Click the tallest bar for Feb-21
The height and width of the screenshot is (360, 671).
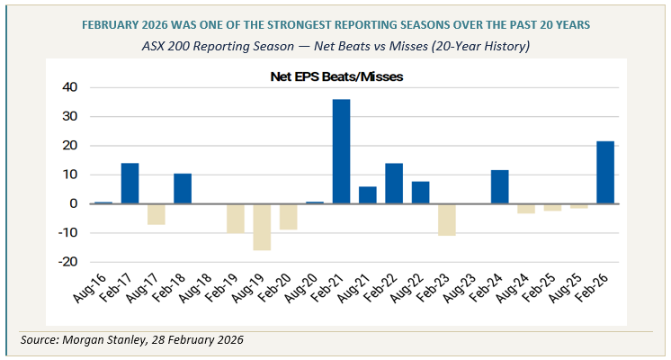point(341,151)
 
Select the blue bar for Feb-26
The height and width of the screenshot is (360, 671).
point(605,173)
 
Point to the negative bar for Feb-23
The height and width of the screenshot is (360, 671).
point(447,220)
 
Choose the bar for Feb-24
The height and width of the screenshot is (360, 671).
point(499,187)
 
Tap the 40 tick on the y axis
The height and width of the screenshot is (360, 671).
point(70,87)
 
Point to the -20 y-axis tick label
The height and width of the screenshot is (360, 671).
point(67,262)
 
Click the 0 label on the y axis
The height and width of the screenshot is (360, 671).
point(75,203)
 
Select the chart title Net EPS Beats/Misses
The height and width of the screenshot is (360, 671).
point(336,77)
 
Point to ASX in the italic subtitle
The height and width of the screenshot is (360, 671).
point(155,45)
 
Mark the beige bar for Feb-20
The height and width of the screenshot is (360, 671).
point(288,217)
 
